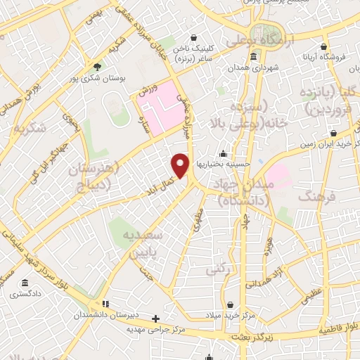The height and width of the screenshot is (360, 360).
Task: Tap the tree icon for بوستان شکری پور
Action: coord(97,67)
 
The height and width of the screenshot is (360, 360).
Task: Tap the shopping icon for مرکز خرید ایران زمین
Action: coord(333,133)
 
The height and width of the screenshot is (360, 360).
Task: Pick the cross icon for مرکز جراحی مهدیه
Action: coord(166,318)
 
